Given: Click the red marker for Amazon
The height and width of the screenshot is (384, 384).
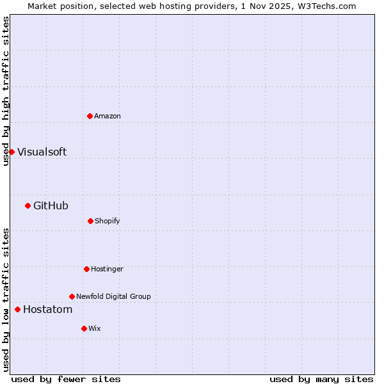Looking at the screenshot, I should pos(90,116).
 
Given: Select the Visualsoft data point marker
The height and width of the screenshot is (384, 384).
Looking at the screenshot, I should pos(12,152).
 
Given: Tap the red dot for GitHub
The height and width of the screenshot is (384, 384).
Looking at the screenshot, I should pos(28,205).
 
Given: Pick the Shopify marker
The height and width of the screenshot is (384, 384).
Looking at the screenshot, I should pos(90,221).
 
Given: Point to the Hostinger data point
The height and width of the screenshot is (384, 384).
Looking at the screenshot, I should pos(86,269).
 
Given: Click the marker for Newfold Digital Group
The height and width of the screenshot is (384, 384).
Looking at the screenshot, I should pos(72,296).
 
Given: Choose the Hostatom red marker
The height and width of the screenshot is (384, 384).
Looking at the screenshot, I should pos(17,310).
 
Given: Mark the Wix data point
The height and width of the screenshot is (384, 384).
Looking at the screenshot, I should pos(84,328).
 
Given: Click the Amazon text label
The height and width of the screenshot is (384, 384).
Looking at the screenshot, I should pos(108,116).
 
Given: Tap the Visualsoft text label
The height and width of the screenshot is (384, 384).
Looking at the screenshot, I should pos(42,152).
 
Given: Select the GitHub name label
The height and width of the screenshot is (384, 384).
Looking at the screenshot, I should pos(51,205).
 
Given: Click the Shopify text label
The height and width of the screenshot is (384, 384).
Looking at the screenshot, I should pos(108,221).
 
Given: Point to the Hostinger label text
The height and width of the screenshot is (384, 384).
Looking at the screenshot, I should pos(107,269).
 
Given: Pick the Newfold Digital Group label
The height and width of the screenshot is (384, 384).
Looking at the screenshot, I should pos(113,296).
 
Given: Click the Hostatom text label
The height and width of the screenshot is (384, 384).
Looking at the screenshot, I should pos(47,310).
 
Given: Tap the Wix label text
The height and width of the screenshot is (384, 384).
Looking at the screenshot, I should pos(95,328).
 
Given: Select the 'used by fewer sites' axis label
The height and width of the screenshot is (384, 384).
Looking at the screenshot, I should pos(66,379).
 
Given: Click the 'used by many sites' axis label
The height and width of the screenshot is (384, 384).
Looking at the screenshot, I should pos(321,379).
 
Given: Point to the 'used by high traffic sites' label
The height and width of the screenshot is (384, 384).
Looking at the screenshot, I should pos(6,91).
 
